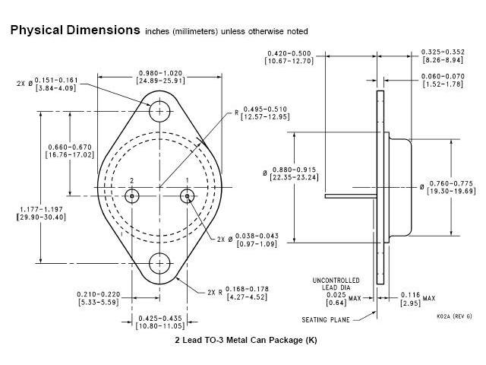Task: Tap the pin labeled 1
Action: point(187,196)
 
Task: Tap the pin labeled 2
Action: point(132,196)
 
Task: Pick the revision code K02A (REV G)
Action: point(454,316)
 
